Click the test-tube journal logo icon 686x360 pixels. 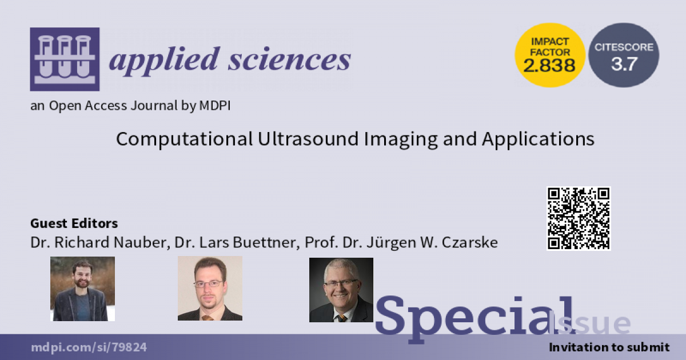click(x=65, y=59)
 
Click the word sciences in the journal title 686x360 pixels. click(x=289, y=59)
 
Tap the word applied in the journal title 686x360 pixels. click(x=164, y=61)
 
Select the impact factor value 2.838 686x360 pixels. click(x=549, y=66)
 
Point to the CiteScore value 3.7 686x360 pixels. click(x=624, y=64)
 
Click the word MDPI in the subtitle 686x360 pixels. click(x=215, y=106)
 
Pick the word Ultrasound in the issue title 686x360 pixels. click(x=308, y=139)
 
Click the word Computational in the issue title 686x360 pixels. click(x=184, y=139)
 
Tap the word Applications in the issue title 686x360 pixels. click(x=538, y=139)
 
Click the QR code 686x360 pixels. click(x=579, y=218)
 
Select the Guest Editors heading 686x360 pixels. click(x=74, y=223)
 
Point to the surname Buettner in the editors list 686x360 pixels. click(x=265, y=242)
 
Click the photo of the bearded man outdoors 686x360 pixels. click(x=82, y=289)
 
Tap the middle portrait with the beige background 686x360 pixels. click(x=210, y=289)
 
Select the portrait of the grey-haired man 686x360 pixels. click(x=341, y=290)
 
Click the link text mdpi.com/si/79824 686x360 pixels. click(x=89, y=347)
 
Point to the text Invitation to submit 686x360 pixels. click(x=609, y=347)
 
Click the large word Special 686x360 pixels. click(x=474, y=317)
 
